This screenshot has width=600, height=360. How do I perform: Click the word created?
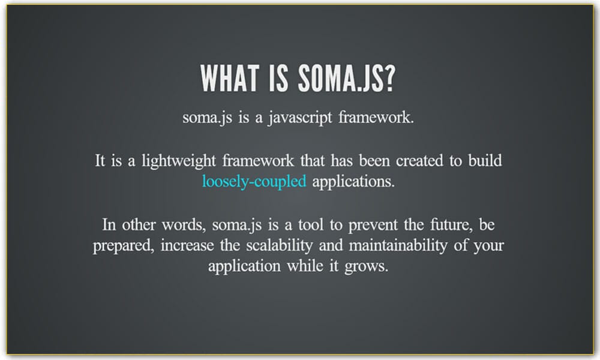pos(408,161)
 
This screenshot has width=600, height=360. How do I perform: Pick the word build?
pos(484,161)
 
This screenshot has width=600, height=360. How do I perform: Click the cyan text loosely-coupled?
pos(254,181)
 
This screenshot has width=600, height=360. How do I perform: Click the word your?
pos(487,245)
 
